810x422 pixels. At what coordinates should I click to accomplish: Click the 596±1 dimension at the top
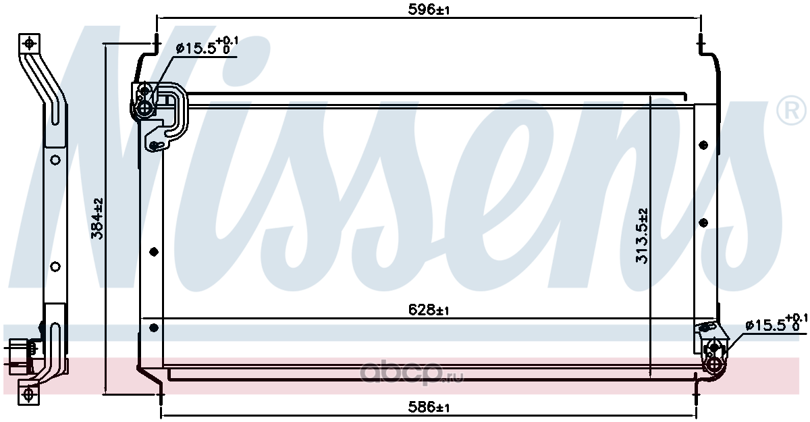(429, 9)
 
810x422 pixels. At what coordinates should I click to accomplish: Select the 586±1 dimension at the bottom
(429, 408)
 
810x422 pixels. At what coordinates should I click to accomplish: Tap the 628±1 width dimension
(429, 310)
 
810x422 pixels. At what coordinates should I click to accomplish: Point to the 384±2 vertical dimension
(97, 218)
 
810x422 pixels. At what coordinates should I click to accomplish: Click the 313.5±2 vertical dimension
(642, 236)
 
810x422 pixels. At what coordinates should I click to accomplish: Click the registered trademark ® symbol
(792, 111)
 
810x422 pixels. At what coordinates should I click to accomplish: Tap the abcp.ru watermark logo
(412, 373)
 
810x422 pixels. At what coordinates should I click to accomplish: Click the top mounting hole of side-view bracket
(29, 44)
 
